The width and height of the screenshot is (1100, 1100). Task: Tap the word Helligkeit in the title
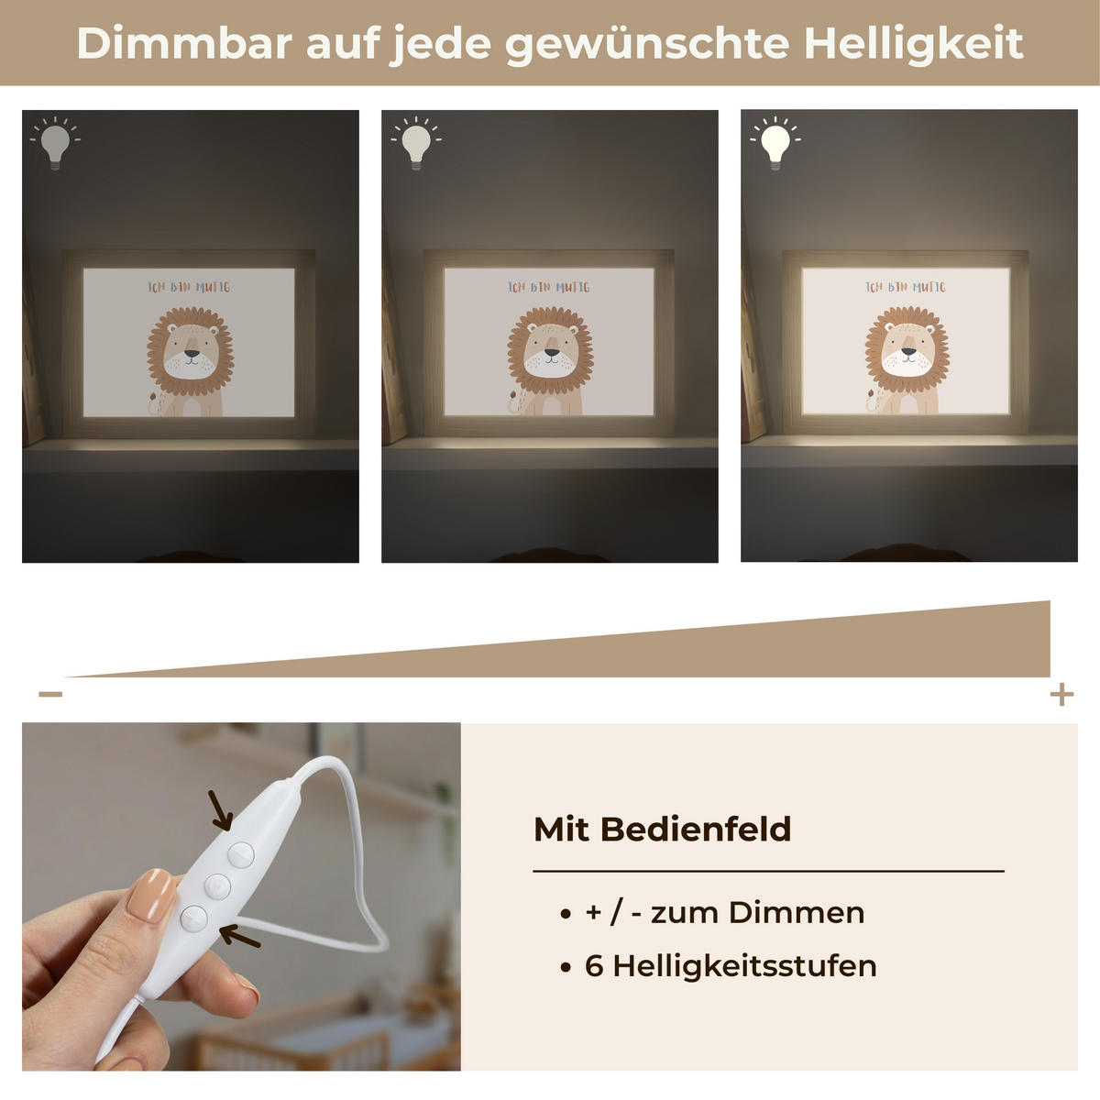pos(914,43)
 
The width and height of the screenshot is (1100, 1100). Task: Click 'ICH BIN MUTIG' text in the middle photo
pos(549,287)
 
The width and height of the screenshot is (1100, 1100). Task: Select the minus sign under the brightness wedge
pos(50,694)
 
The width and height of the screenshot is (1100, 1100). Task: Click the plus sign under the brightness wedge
pos(1061,694)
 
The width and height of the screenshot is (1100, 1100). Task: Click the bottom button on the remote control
pos(194,917)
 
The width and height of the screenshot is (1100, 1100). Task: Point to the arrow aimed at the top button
pos(220,810)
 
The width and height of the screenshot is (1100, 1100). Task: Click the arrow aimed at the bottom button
pos(240,936)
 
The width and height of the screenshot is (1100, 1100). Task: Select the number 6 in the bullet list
pos(593,966)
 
